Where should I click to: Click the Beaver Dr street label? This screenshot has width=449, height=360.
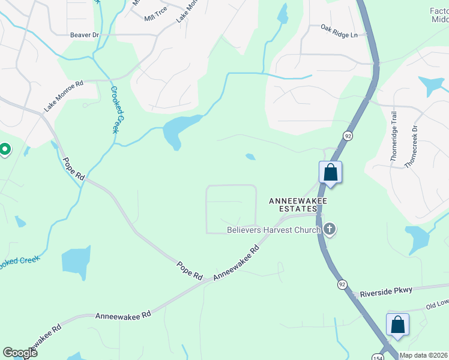coord(84,35)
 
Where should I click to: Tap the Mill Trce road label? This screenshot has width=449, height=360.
coord(155,18)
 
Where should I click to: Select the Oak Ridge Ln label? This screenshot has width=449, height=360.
coord(339,31)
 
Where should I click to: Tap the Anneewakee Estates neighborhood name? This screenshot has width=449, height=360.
coord(293,205)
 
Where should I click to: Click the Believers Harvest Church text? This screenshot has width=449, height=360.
coord(274,229)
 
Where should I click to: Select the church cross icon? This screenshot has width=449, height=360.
coord(330,229)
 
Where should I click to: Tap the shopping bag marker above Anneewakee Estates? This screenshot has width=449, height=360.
coord(330,173)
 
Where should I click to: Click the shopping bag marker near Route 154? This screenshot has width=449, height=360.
coord(397,325)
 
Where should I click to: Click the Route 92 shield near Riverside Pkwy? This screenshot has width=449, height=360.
coord(342,284)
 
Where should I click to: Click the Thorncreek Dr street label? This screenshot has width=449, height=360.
coord(411,146)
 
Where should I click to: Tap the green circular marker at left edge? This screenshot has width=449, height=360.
coord(5,149)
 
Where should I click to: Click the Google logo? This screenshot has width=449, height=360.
coord(20,353)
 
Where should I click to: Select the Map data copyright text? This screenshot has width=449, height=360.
coord(424,355)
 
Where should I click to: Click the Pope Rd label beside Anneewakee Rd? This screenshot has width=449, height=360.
coord(190,270)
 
